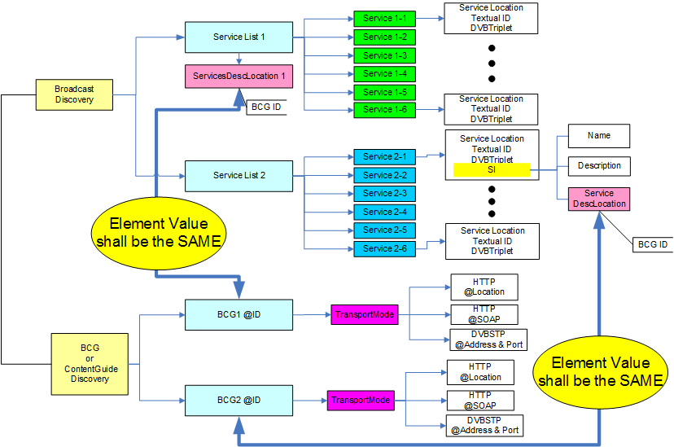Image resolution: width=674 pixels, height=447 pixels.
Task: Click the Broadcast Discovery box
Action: click(x=74, y=94)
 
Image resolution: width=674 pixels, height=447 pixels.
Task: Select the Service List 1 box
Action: click(x=239, y=37)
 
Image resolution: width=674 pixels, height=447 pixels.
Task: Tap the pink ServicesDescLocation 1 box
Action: click(x=239, y=76)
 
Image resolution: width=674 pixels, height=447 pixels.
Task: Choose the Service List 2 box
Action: click(x=239, y=175)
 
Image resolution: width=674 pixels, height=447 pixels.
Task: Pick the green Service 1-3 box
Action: click(x=385, y=55)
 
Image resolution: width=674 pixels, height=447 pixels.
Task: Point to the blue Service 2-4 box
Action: click(x=385, y=212)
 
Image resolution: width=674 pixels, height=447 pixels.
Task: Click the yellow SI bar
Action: click(x=492, y=170)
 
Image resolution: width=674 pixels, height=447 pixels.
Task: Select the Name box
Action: click(x=598, y=135)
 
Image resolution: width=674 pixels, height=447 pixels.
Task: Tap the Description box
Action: click(x=598, y=166)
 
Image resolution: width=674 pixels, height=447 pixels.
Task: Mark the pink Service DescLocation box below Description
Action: click(x=598, y=199)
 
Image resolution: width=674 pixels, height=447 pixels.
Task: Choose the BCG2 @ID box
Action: click(x=239, y=401)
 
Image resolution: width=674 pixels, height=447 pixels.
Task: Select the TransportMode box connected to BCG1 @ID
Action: click(x=365, y=314)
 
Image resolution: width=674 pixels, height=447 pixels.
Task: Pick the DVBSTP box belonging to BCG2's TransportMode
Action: click(x=484, y=425)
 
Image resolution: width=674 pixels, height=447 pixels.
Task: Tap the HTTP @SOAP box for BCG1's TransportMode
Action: click(x=484, y=314)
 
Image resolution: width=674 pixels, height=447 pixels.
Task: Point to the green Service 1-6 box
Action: click(x=385, y=109)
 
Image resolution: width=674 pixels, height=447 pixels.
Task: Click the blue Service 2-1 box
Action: click(x=385, y=156)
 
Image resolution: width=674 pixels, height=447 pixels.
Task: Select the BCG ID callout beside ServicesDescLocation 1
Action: click(x=265, y=107)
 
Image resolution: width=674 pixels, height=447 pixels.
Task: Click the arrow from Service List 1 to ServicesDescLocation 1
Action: click(x=239, y=59)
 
